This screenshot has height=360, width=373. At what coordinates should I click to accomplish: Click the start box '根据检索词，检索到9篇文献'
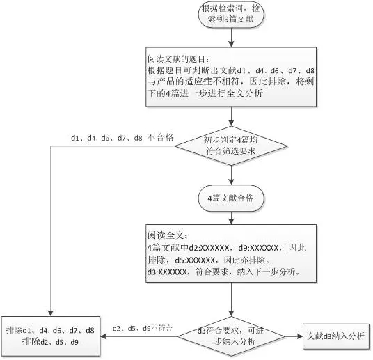(231, 14)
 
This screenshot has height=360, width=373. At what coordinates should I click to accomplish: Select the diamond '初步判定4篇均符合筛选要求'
(231, 146)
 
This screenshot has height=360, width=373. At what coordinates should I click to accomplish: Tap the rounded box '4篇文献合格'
(231, 198)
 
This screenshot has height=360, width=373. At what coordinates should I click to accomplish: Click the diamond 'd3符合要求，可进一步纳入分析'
(231, 336)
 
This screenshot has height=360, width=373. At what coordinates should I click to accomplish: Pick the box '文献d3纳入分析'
(336, 336)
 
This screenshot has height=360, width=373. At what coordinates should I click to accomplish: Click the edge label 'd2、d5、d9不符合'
(142, 329)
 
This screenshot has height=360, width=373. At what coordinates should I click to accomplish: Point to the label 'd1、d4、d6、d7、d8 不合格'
(122, 138)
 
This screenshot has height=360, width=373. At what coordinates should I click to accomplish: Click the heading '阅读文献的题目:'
(178, 59)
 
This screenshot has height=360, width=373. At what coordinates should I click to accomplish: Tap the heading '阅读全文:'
(168, 235)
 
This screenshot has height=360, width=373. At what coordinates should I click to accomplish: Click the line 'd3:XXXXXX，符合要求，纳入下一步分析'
(223, 272)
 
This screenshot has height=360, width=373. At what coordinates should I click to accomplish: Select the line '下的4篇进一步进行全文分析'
(205, 93)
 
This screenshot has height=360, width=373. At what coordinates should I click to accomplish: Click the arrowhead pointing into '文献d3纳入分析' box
(300, 336)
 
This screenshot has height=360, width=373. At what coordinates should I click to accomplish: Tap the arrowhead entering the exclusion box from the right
(103, 336)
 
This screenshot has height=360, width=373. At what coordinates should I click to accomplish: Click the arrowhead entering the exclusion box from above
(50, 313)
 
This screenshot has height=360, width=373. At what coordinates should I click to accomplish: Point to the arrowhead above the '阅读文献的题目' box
(231, 45)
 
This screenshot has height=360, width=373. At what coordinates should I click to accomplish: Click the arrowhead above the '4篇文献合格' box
(231, 182)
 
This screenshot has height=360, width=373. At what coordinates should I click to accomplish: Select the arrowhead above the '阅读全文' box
(231, 221)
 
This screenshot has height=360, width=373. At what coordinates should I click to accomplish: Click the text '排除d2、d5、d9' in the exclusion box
(50, 342)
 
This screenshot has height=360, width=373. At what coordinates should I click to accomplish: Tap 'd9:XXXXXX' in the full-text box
(258, 248)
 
